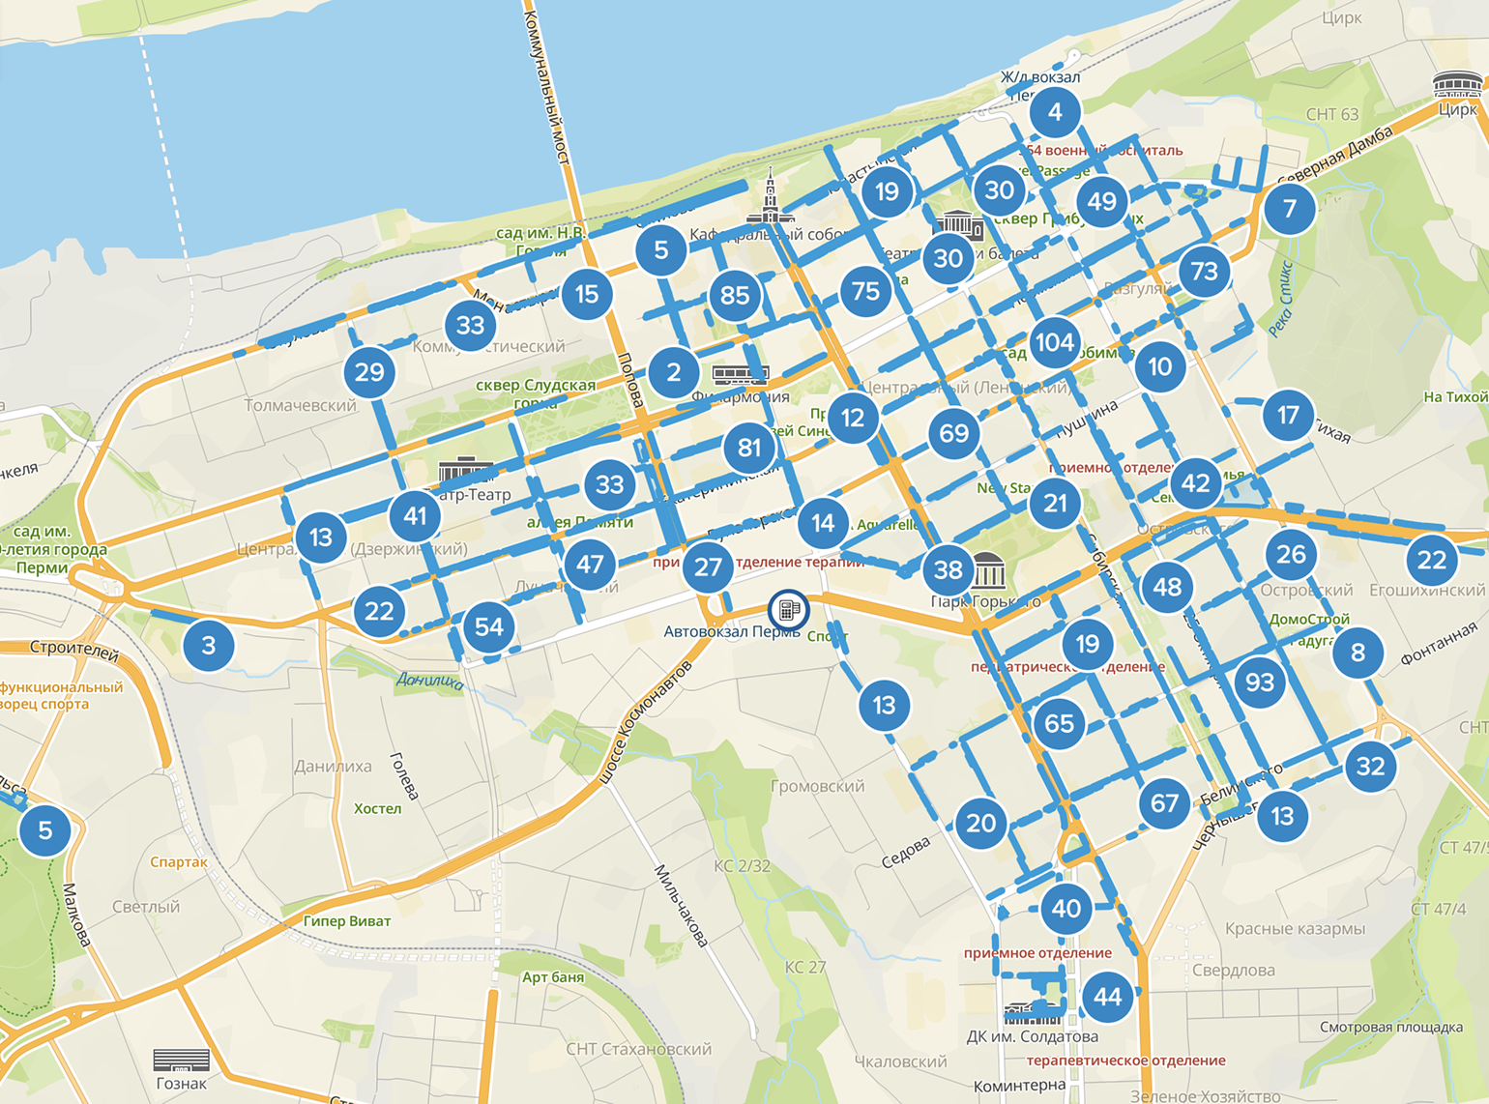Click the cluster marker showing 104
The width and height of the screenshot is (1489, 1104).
tap(1054, 342)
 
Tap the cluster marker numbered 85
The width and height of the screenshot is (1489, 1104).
tap(735, 295)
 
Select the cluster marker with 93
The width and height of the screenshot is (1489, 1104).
tap(1260, 683)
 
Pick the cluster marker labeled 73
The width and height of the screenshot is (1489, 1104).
tap(1205, 271)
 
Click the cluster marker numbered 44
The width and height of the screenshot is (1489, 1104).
tap(1108, 997)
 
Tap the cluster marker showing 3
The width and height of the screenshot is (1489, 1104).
tap(209, 645)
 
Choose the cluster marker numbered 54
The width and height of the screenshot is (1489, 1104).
tap(489, 626)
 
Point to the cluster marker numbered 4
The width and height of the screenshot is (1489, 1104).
tap(1055, 112)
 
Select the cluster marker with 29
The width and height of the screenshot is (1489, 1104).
tap(369, 372)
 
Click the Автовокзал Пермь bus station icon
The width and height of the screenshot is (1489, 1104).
tap(788, 610)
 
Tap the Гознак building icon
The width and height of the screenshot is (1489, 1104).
tap(181, 1060)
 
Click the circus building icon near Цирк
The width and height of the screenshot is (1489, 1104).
tap(1457, 84)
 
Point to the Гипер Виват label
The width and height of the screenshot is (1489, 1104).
tap(347, 921)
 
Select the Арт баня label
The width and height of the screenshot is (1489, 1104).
tap(553, 977)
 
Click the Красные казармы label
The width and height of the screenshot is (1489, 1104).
tap(1295, 929)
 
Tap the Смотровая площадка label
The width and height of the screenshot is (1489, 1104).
tap(1390, 1027)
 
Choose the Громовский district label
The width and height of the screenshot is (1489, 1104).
tap(817, 786)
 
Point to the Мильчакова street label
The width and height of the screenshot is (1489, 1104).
tap(682, 906)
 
